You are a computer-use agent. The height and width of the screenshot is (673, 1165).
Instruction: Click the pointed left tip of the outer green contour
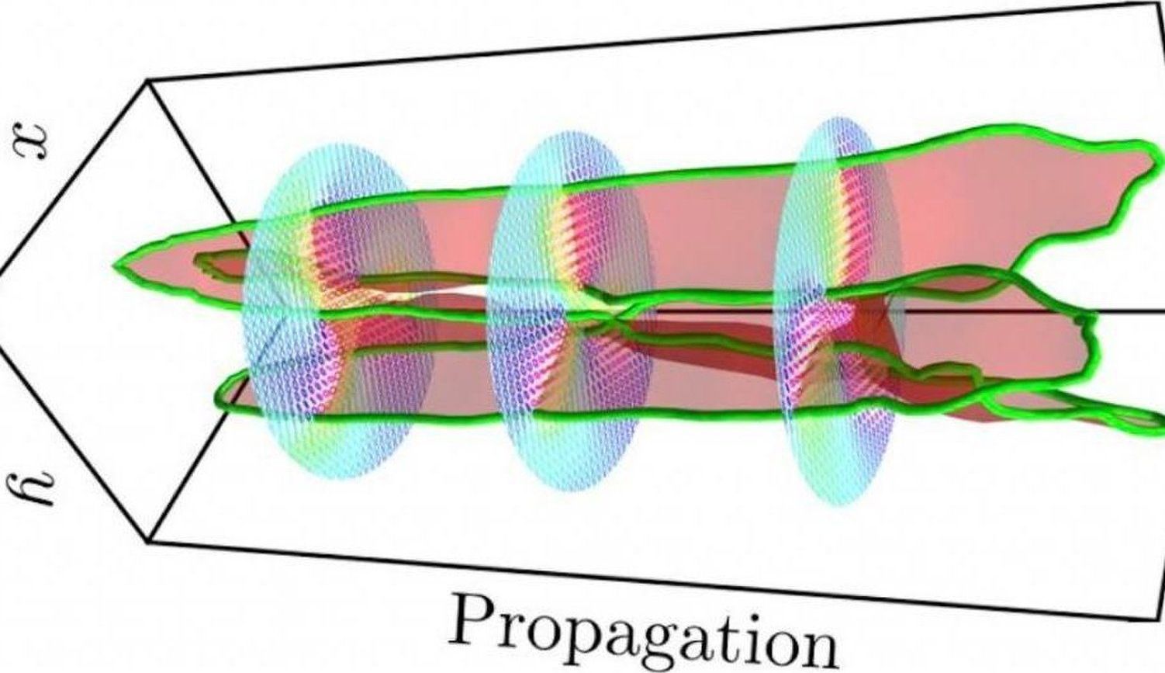click(x=113, y=266)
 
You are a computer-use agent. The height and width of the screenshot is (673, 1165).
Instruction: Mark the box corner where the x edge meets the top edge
click(x=148, y=81)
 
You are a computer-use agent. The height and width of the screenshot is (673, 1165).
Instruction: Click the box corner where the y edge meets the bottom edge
click(x=149, y=542)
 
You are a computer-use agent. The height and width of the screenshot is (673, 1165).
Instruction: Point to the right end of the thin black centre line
click(x=1164, y=311)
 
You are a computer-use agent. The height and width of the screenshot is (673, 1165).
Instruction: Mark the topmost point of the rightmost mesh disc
click(x=838, y=117)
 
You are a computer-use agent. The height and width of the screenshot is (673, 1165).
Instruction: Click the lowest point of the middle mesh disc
click(x=569, y=491)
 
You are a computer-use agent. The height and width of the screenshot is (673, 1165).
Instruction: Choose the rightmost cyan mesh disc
click(x=839, y=310)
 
